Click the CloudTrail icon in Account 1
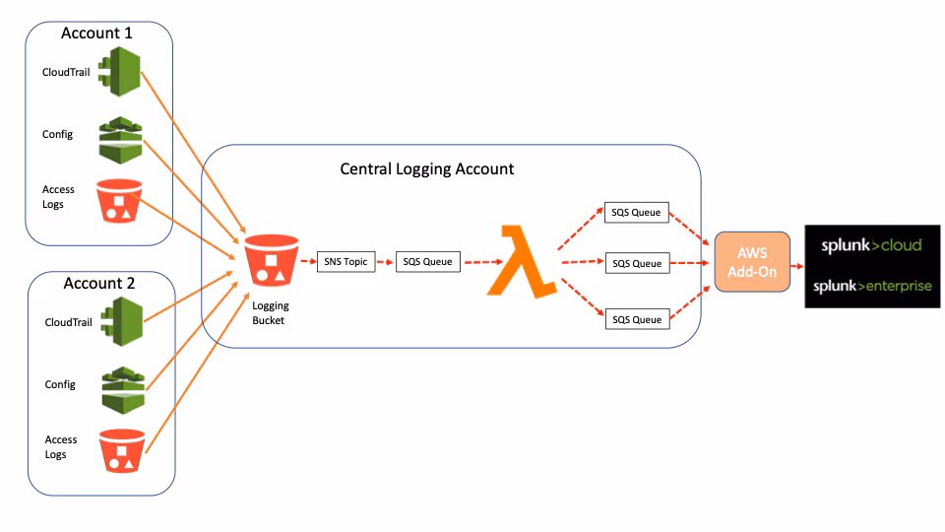click(x=121, y=72)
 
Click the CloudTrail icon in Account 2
click(x=123, y=321)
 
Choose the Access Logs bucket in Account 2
click(x=122, y=450)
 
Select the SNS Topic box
click(x=346, y=262)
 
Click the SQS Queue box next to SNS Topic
click(x=427, y=262)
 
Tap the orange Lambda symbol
click(x=521, y=261)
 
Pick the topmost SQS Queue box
click(x=636, y=212)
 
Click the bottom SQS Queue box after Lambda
click(x=636, y=319)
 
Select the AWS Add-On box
click(x=752, y=262)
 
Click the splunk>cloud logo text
click(x=871, y=244)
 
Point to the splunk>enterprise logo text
click(x=871, y=286)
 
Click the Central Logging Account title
click(x=426, y=168)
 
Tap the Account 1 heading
click(x=96, y=33)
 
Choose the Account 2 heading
click(x=98, y=283)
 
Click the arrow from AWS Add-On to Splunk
click(x=797, y=263)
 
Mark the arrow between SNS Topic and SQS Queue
click(x=386, y=263)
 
